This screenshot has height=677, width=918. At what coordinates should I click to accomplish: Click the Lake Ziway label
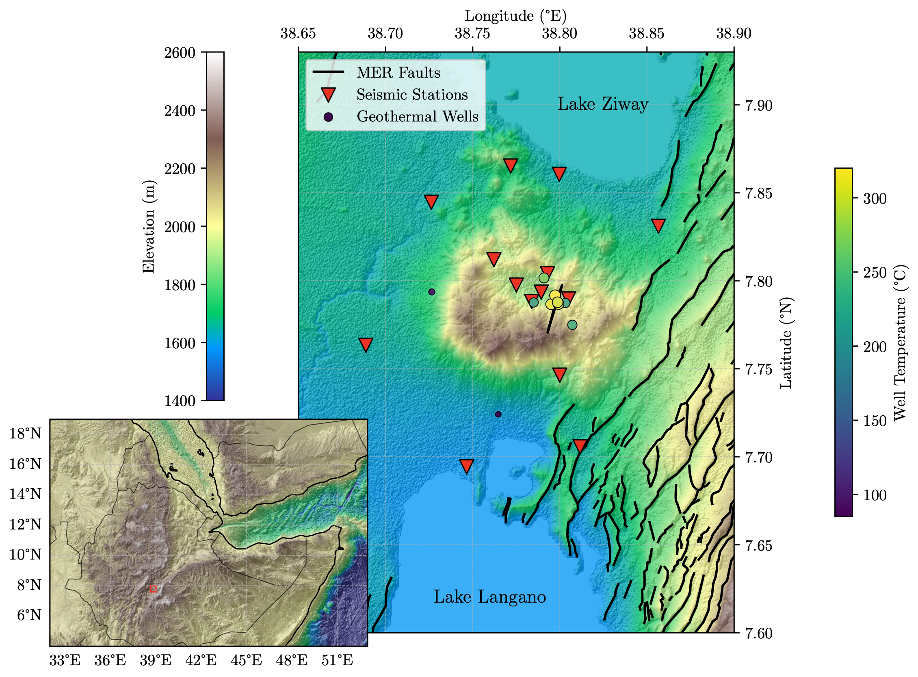pyautogui.click(x=602, y=104)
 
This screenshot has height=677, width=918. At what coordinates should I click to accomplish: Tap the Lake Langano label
pyautogui.click(x=489, y=597)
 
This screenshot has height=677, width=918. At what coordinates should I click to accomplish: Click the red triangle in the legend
pyautogui.click(x=328, y=95)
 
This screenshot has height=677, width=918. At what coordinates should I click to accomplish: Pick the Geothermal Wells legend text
pyautogui.click(x=417, y=117)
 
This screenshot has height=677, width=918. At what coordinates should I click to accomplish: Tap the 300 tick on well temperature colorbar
pyautogui.click(x=875, y=199)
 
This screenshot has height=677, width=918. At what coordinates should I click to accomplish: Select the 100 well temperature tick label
pyautogui.click(x=875, y=495)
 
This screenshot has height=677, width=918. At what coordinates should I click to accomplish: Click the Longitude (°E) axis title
pyautogui.click(x=515, y=16)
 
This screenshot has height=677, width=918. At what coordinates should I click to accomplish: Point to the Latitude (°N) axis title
pyautogui.click(x=786, y=343)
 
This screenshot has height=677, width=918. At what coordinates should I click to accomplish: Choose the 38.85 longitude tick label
pyautogui.click(x=646, y=34)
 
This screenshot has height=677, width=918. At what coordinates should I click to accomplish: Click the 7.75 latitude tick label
pyautogui.click(x=758, y=369)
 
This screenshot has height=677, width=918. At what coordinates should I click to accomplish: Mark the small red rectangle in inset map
pyautogui.click(x=153, y=588)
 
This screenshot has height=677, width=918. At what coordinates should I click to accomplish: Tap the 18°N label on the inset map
pyautogui.click(x=26, y=433)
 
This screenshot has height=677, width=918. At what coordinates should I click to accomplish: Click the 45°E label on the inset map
pyautogui.click(x=246, y=661)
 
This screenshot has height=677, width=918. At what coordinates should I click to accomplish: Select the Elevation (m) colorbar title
pyautogui.click(x=148, y=226)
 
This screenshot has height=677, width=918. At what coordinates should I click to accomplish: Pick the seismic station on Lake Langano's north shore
pyautogui.click(x=467, y=466)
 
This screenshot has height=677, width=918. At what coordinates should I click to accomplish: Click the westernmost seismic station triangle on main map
pyautogui.click(x=366, y=344)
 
